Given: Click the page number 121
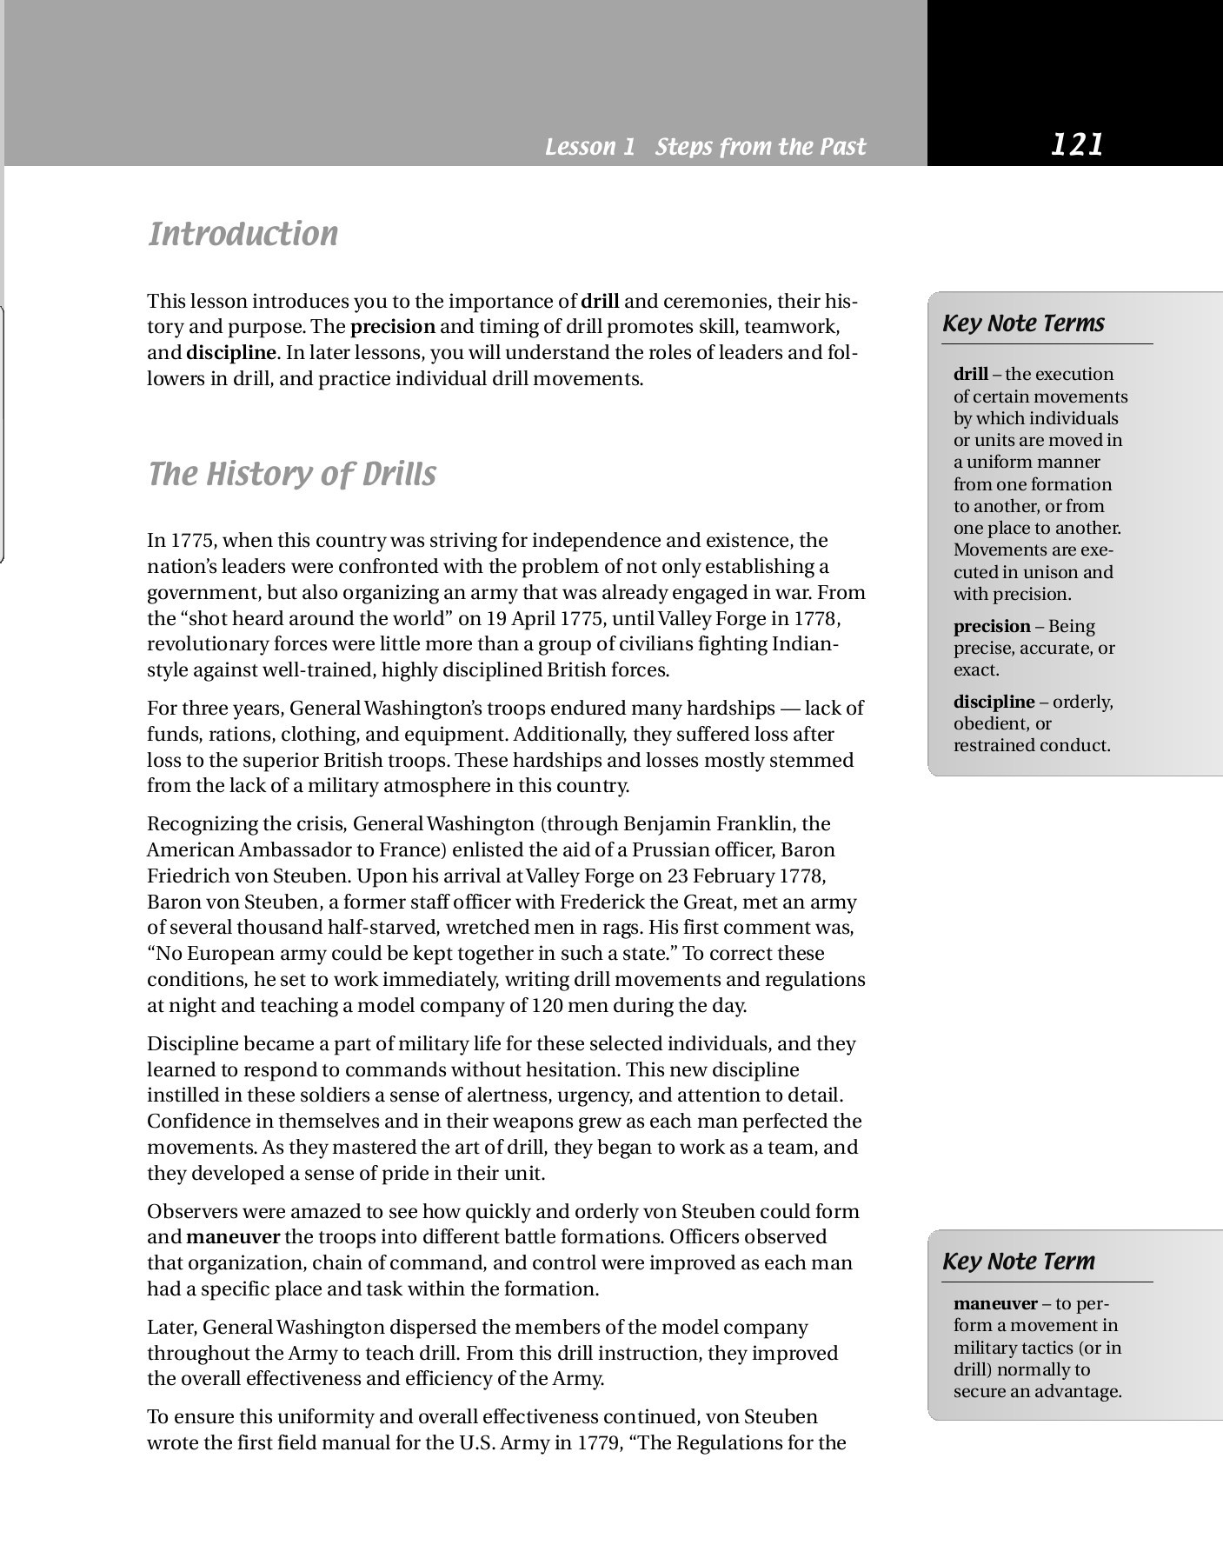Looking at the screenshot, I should tap(1076, 144).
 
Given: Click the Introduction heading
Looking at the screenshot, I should tap(243, 235).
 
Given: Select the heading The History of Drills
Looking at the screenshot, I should tap(292, 475).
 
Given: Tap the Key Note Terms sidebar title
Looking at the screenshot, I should tap(1023, 323).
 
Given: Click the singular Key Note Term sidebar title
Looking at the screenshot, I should tap(1019, 1262).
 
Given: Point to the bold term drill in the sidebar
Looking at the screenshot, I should tap(970, 375).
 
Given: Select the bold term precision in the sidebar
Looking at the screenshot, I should tap(991, 627).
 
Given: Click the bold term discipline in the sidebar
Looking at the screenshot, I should tap(994, 702).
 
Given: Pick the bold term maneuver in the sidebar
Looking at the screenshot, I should tap(995, 1304).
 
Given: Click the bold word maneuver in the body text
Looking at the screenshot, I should tap(233, 1237).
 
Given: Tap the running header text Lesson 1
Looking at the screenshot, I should tap(590, 147).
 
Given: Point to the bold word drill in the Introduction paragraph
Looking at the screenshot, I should tap(600, 302).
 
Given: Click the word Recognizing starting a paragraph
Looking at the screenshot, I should tap(203, 823).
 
